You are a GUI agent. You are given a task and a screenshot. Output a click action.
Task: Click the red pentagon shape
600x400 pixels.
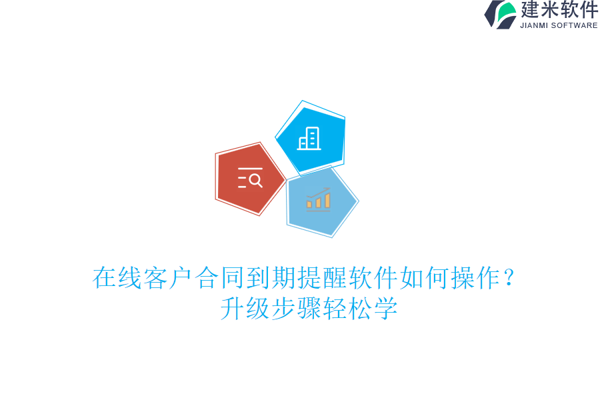(249, 179)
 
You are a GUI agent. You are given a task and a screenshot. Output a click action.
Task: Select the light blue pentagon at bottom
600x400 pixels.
(321, 201)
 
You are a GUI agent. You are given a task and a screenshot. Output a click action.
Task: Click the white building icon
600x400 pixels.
(309, 139)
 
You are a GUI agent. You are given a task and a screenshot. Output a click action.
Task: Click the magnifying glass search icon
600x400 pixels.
(250, 179)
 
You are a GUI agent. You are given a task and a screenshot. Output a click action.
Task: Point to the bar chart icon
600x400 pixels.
(319, 199)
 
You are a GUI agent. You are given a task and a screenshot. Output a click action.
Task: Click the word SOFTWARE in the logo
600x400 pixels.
(574, 25)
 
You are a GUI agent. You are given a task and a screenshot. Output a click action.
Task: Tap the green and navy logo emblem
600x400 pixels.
(501, 14)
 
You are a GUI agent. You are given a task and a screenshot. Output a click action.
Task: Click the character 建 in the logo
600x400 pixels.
(531, 10)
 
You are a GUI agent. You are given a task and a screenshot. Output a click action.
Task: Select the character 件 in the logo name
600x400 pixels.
(589, 10)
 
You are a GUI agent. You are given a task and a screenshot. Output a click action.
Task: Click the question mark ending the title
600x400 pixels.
(509, 278)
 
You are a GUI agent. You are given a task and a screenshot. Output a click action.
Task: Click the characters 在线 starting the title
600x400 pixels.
(117, 278)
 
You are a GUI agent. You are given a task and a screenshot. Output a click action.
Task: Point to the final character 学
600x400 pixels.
(386, 309)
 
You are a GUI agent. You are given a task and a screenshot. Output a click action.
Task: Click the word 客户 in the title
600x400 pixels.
(169, 278)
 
